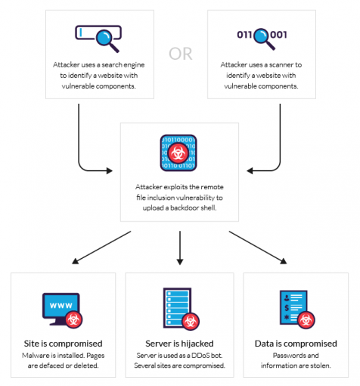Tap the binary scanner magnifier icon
click(262, 35)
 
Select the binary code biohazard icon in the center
click(179, 154)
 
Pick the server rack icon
click(178, 308)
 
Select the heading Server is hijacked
click(179, 343)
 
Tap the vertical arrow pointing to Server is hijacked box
click(179, 246)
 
